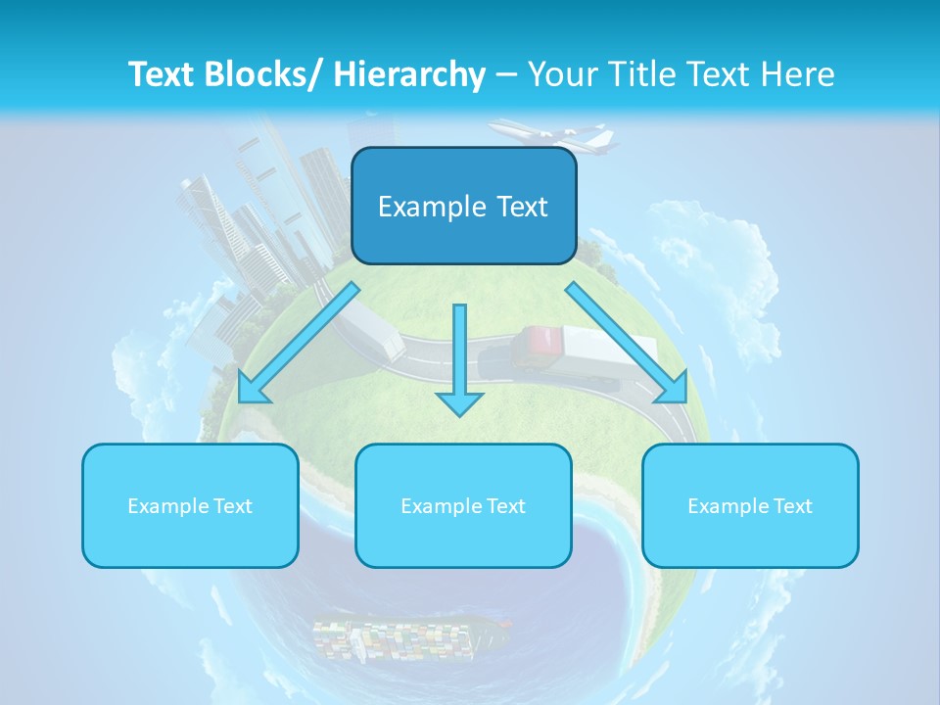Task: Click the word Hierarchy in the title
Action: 409,74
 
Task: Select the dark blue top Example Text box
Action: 463,206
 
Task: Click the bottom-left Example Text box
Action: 190,505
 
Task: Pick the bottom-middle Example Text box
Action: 463,505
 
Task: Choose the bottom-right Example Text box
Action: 750,505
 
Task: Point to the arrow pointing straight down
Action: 459,362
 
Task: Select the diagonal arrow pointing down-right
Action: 627,343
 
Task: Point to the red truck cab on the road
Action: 539,345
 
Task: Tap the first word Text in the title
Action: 162,74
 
